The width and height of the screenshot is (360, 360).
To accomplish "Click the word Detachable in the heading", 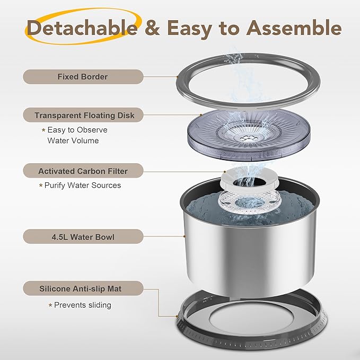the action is click(x=82, y=28).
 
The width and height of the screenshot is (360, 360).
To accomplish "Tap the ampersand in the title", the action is click(x=153, y=28).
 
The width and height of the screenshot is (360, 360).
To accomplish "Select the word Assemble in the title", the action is click(x=294, y=28).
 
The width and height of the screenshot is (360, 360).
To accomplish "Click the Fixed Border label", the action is click(x=83, y=77).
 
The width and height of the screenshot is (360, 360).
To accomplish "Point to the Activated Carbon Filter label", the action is click(x=83, y=171).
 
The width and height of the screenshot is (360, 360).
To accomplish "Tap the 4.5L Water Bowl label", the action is click(x=83, y=236).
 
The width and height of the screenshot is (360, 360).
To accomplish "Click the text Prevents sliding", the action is click(x=83, y=305).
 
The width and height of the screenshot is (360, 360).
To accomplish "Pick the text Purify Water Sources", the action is click(x=83, y=185).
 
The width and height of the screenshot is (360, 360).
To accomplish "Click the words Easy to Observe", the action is click(x=77, y=130).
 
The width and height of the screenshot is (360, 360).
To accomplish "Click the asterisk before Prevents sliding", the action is click(x=50, y=305).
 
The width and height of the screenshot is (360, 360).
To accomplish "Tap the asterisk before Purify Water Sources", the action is click(x=41, y=185).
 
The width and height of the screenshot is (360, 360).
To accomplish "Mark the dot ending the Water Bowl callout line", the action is click(x=185, y=236).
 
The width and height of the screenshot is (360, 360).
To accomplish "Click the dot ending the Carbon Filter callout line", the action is click(x=225, y=171).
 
